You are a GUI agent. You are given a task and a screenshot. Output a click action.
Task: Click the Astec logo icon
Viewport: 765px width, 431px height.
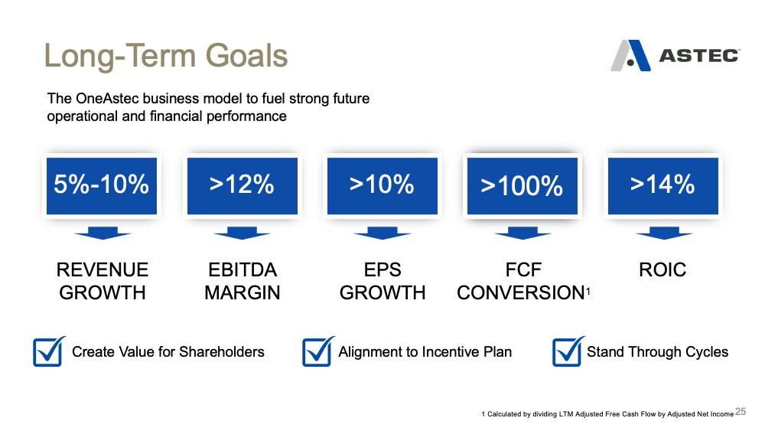pyautogui.click(x=630, y=56)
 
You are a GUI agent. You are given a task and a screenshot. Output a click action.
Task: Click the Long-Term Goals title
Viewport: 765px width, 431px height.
pyautogui.click(x=166, y=56)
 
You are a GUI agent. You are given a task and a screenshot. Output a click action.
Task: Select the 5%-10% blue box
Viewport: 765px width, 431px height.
pyautogui.click(x=102, y=186)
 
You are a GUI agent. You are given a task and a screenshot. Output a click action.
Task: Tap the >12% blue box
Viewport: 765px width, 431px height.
pyautogui.click(x=243, y=186)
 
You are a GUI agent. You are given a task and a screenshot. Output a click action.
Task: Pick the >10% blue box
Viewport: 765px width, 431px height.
pyautogui.click(x=382, y=186)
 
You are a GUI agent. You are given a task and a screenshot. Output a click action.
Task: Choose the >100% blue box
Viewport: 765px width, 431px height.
pyautogui.click(x=522, y=186)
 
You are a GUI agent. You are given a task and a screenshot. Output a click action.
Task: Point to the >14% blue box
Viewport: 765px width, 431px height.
pyautogui.click(x=663, y=186)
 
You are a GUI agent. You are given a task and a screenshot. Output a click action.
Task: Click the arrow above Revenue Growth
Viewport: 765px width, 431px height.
pyautogui.click(x=103, y=233)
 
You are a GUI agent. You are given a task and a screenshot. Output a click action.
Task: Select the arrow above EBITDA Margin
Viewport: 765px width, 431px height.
pyautogui.click(x=243, y=233)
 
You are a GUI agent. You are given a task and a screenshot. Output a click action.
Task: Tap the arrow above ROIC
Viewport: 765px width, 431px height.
pyautogui.click(x=664, y=233)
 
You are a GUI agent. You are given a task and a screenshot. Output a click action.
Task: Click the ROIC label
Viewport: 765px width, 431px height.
pyautogui.click(x=662, y=270)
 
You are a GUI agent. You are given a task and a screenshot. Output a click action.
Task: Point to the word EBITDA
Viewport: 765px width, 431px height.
pyautogui.click(x=243, y=270)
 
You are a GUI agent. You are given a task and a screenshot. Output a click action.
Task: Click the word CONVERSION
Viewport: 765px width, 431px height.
pyautogui.click(x=520, y=293)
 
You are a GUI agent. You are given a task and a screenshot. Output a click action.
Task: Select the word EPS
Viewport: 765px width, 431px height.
pyautogui.click(x=382, y=270)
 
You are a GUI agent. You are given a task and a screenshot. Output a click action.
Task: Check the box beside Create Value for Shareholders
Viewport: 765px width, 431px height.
pyautogui.click(x=49, y=351)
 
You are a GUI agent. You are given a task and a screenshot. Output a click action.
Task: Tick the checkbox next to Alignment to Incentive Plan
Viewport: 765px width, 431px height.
pyautogui.click(x=318, y=351)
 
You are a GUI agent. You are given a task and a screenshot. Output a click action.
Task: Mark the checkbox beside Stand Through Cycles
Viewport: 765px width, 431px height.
pyautogui.click(x=568, y=351)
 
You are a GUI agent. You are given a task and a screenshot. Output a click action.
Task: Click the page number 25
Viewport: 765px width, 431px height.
pyautogui.click(x=741, y=411)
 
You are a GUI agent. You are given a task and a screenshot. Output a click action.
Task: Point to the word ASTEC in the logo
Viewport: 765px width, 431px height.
pyautogui.click(x=699, y=56)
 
